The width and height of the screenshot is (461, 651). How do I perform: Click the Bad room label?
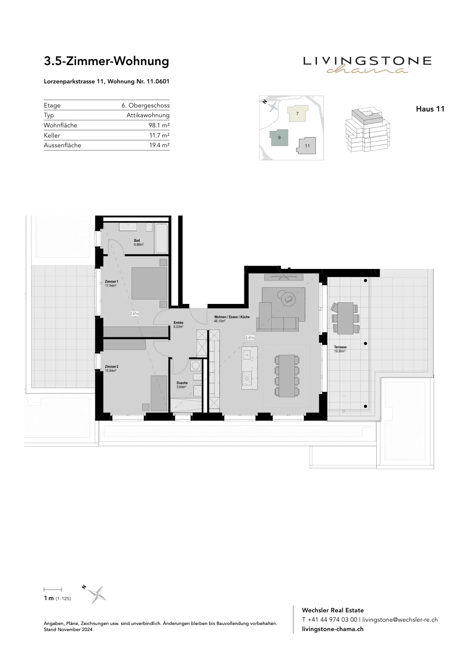click(137, 240)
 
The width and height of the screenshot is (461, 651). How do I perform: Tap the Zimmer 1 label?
click(112, 282)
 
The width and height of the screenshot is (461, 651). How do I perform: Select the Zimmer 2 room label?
click(112, 367)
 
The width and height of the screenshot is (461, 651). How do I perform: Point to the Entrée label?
click(178, 323)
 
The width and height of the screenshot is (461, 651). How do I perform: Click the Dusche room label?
click(182, 383)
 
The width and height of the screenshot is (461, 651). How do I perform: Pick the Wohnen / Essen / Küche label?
click(232, 317)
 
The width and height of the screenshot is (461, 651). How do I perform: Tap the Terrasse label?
click(340, 347)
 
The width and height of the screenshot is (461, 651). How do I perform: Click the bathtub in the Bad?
click(161, 238)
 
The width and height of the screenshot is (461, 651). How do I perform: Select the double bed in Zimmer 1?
click(149, 283)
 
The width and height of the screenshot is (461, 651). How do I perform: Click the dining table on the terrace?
click(345, 318)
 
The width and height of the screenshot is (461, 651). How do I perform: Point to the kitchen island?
click(250, 368)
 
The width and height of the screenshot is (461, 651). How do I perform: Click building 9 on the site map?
click(279, 138)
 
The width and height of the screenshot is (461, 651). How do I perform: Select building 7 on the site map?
click(297, 114)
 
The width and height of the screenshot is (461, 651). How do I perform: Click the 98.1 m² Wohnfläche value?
click(159, 125)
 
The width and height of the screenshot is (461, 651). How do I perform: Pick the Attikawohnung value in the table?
click(148, 115)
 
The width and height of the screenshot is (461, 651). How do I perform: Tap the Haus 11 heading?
click(430, 109)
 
